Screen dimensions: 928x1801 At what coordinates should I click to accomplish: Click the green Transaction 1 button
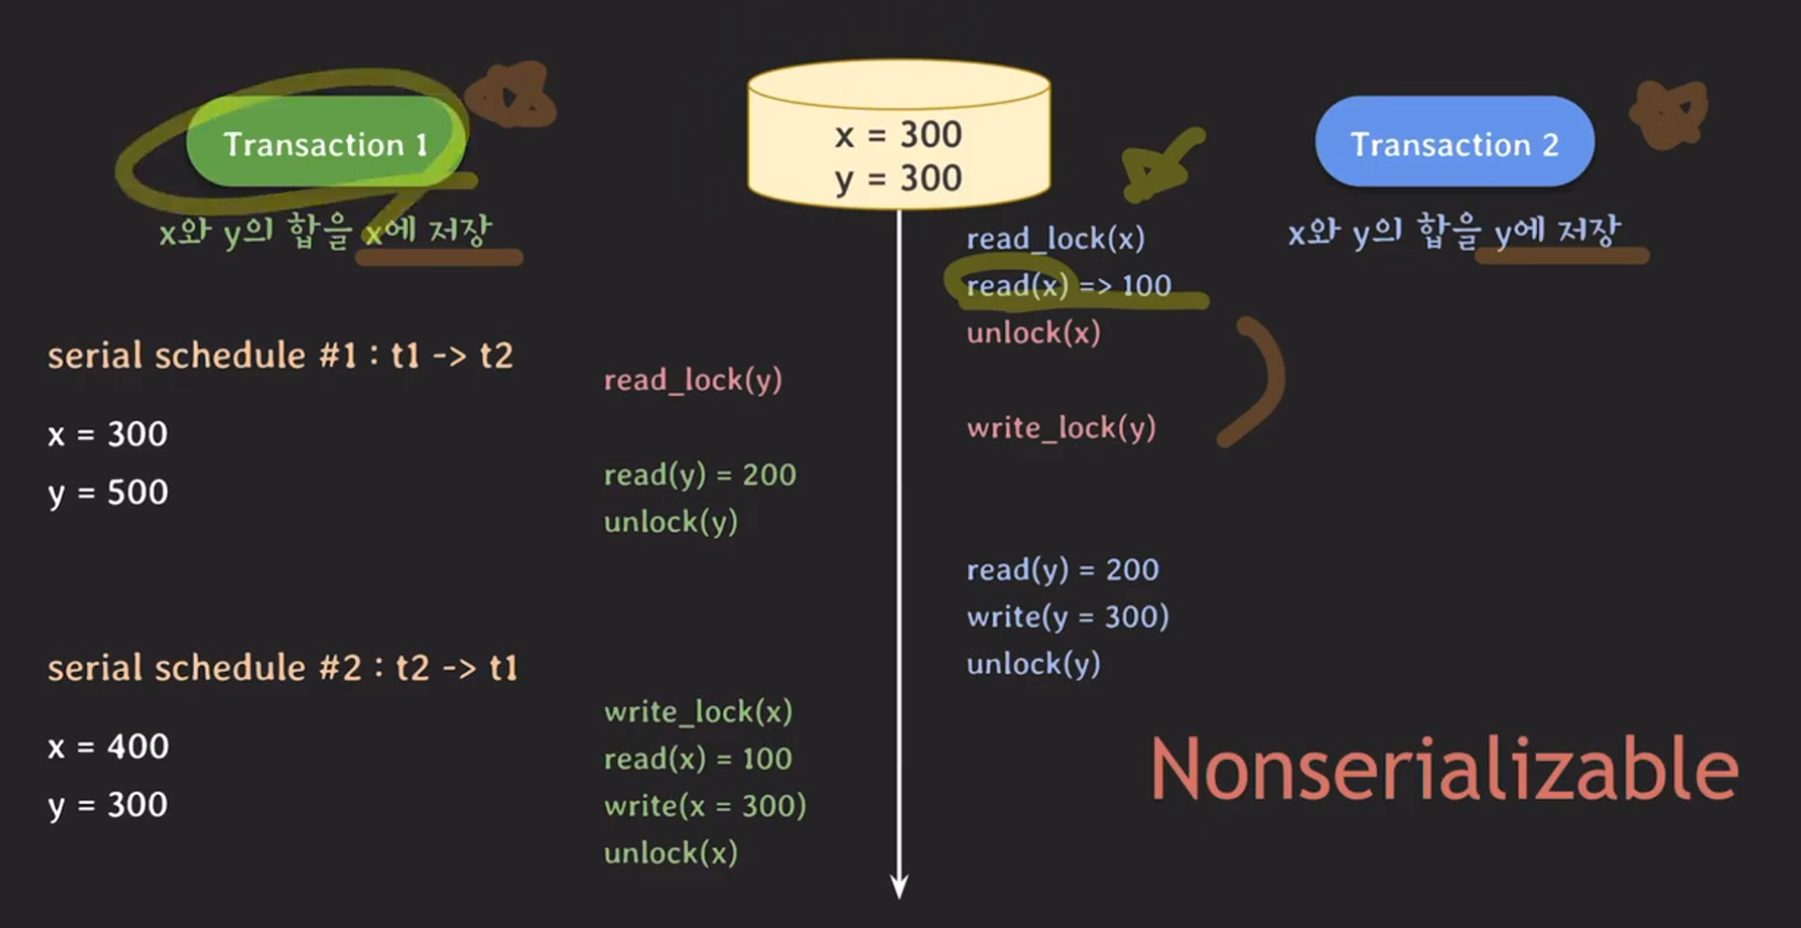325,143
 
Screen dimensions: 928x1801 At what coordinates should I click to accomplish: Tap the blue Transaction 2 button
1454,143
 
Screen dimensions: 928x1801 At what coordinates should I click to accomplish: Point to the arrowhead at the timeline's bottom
899,886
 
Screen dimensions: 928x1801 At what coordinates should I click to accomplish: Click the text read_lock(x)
1055,239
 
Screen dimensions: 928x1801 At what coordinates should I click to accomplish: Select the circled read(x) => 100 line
1068,286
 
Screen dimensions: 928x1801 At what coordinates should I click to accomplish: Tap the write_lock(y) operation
1061,427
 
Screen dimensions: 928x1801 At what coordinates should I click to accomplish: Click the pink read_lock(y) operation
692,379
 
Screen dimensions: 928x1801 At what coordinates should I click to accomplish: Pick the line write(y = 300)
1067,616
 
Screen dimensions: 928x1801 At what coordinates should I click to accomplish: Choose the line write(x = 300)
704,806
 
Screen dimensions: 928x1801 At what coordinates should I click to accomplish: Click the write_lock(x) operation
697,711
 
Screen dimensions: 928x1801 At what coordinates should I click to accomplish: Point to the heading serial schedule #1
280,355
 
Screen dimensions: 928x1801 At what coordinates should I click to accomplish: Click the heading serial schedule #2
282,668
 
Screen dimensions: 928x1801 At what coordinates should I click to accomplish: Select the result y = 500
108,492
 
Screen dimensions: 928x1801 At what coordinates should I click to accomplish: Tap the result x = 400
108,747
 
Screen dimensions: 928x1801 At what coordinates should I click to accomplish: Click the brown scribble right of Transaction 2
1669,112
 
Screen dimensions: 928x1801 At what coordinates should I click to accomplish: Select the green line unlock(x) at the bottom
670,853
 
